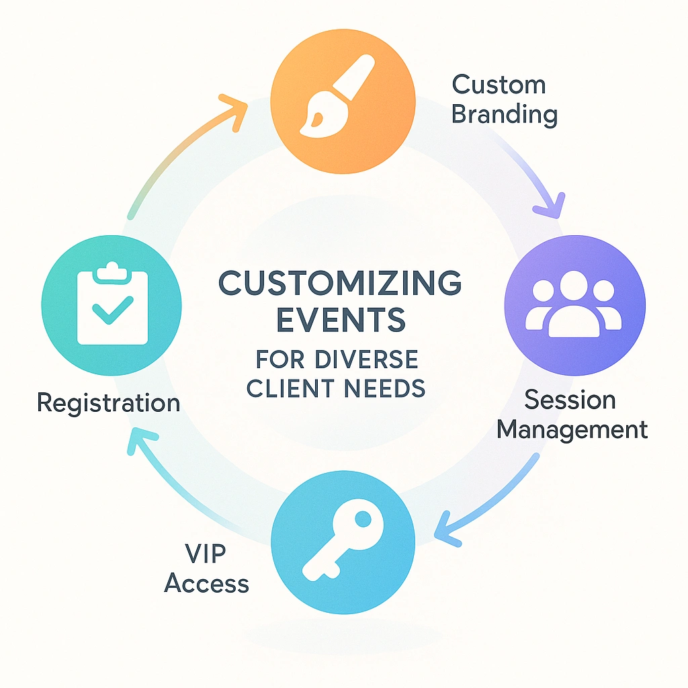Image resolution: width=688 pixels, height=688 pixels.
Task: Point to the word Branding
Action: tap(504, 115)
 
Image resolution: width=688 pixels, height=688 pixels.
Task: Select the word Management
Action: tap(572, 429)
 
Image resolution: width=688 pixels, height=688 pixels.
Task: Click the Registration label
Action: tap(109, 403)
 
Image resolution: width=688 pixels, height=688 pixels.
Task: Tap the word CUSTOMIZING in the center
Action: tap(341, 284)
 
